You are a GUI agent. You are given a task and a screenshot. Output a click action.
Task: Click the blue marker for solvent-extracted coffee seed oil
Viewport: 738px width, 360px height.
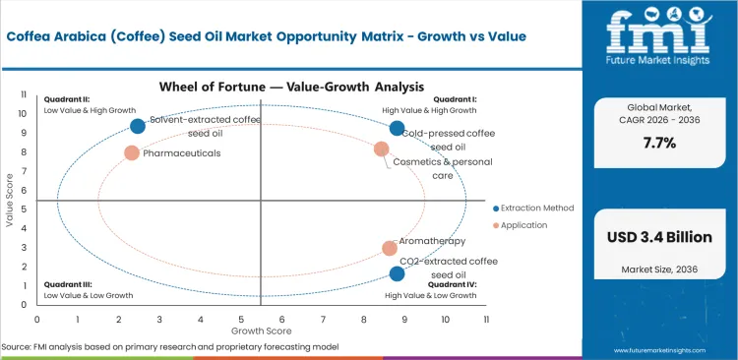[x=138, y=126]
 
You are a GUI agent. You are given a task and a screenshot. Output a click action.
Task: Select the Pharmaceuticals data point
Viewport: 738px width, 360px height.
[x=132, y=153]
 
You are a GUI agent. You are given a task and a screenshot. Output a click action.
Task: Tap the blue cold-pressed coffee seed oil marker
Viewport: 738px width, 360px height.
[x=397, y=128]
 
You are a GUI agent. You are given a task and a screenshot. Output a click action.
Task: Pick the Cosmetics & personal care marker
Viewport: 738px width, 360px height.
[x=382, y=149]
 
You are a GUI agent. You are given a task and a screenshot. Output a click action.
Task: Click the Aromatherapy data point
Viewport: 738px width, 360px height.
[x=390, y=249]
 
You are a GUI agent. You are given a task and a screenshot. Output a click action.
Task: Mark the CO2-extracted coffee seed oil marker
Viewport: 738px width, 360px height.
[x=397, y=274]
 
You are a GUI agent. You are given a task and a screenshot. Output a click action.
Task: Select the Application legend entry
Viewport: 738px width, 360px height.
[x=525, y=225]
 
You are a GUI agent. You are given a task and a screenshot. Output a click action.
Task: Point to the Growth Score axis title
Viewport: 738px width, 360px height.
[x=261, y=332]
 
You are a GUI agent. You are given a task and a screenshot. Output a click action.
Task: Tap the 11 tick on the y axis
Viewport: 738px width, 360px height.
[x=25, y=93]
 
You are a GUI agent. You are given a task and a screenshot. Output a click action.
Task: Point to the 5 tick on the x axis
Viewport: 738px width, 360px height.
[x=241, y=319]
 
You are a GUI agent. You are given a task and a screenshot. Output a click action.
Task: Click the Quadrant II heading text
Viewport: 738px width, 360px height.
[x=66, y=99]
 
